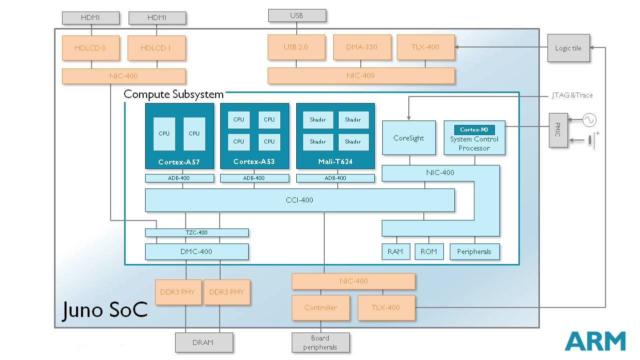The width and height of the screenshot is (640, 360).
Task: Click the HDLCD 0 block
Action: point(91,47)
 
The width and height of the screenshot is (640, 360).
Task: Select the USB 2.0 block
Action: point(296,47)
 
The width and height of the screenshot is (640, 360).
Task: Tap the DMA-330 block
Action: point(362,47)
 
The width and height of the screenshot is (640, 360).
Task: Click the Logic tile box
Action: point(568,48)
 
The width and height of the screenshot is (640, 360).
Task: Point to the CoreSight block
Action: point(409,138)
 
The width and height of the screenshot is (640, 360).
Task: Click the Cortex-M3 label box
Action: point(474,129)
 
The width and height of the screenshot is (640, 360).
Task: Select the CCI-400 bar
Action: point(300,200)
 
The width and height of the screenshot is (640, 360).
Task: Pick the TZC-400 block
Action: point(197,232)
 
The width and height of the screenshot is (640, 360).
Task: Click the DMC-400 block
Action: point(197,251)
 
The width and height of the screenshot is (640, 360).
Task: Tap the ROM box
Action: point(429,251)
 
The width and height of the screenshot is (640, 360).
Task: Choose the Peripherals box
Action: point(474,251)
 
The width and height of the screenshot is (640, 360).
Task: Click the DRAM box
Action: point(204,342)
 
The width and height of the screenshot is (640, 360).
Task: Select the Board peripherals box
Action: point(320,342)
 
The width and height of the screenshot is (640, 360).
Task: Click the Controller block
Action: point(321,307)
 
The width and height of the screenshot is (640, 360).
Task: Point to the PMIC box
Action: point(558,130)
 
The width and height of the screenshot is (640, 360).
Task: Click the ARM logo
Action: point(595,341)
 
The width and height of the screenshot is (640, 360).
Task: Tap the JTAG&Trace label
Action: point(572,95)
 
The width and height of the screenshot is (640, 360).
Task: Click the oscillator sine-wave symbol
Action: point(589,120)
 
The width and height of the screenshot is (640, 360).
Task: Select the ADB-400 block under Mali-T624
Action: point(335,178)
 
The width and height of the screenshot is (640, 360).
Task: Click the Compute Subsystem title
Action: point(174,94)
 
